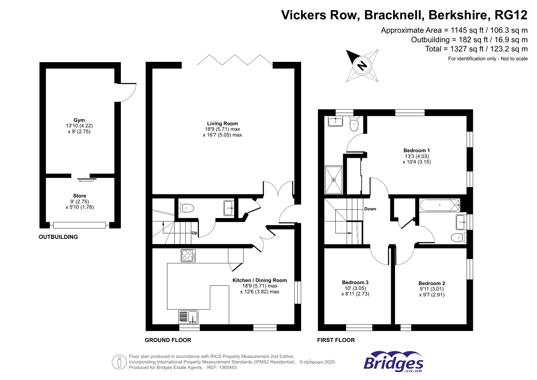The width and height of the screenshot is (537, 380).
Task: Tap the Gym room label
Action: [79, 120]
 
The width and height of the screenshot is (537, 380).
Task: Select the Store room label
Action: [80, 196]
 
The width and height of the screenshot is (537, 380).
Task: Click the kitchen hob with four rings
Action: [188, 256]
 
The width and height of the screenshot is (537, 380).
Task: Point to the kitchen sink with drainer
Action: [188, 317]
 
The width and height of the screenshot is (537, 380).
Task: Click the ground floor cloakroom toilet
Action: [186, 208]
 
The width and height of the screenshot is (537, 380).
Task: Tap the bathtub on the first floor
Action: [439, 205]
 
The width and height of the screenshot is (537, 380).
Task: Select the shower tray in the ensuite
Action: [333, 180]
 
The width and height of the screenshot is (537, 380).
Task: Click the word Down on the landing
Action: [370, 209]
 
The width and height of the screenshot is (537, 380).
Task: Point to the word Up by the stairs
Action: [194, 233]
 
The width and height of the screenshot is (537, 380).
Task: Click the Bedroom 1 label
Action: [416, 151]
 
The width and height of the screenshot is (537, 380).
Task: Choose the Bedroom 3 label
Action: [355, 283]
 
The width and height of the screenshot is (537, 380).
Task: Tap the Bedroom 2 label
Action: [432, 284]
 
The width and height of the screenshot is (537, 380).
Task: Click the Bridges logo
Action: [393, 362]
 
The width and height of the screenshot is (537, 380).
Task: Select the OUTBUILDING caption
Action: [58, 237]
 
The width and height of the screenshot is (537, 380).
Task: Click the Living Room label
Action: [222, 124]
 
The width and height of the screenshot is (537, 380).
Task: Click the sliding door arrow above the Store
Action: [87, 181]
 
